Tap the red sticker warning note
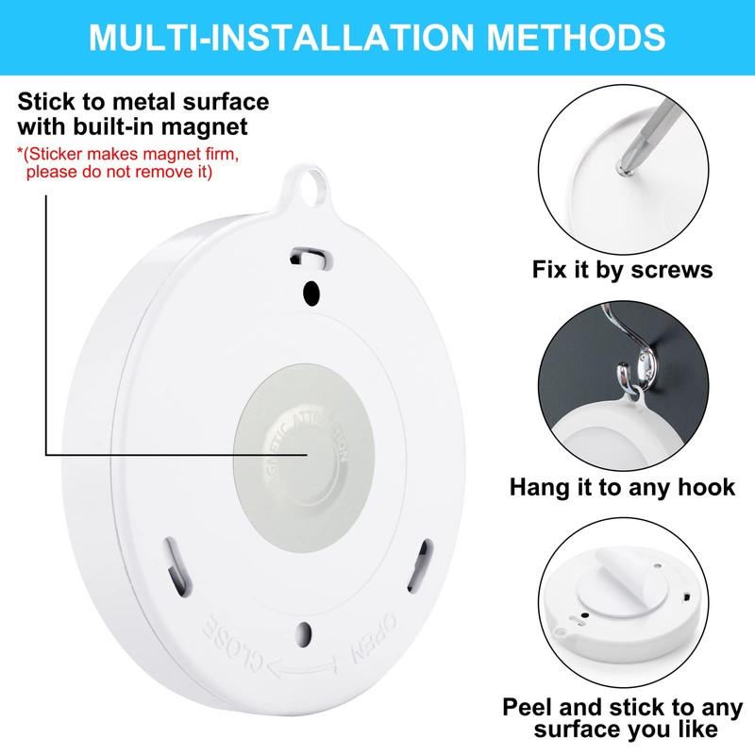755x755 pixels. [118, 162]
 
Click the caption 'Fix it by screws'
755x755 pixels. [622, 270]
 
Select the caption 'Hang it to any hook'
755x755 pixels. [622, 487]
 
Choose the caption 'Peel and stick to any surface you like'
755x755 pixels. [622, 717]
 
